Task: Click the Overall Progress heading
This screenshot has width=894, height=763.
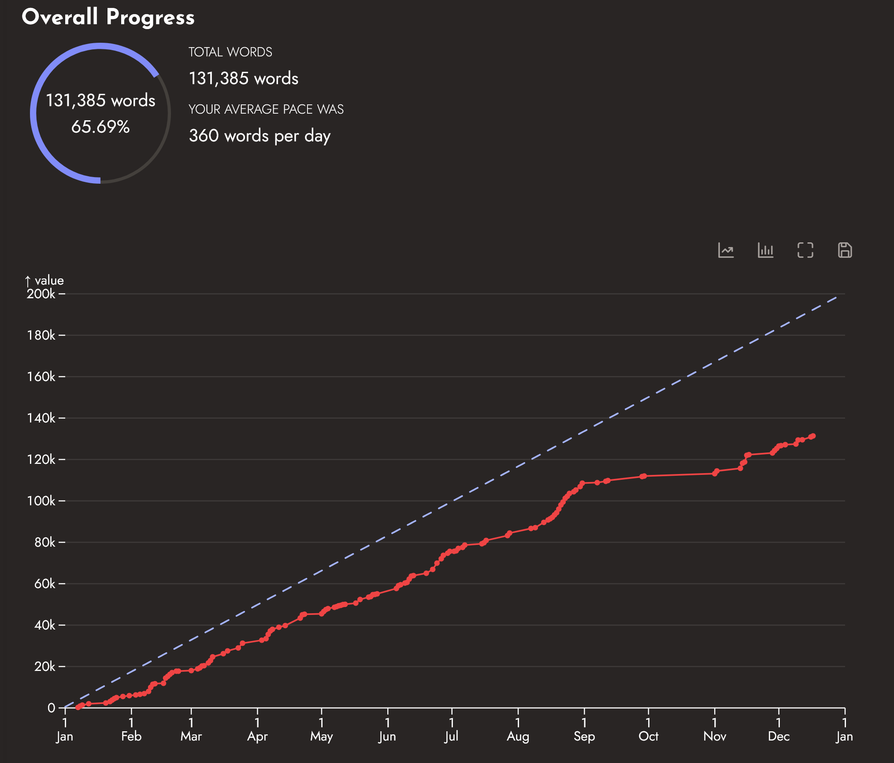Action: (108, 17)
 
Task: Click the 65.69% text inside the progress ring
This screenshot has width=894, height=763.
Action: (100, 127)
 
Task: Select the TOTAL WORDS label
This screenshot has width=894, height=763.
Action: (230, 52)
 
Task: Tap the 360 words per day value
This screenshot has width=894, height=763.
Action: (260, 136)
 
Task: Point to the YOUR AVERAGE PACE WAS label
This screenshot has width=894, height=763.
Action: (266, 109)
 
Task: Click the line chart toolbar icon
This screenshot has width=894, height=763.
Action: (726, 250)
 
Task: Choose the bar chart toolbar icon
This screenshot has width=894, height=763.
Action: (765, 250)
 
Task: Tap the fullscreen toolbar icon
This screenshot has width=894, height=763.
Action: (805, 250)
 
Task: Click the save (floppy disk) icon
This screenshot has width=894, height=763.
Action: (845, 250)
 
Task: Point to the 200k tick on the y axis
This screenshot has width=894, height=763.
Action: (41, 294)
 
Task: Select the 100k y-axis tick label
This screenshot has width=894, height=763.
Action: (41, 501)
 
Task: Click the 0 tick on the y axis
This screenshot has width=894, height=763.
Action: (51, 708)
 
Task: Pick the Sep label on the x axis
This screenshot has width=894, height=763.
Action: (584, 736)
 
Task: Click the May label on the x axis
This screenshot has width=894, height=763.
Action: (321, 736)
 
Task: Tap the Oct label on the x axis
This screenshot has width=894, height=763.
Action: (648, 736)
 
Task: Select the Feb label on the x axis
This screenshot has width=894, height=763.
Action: (131, 736)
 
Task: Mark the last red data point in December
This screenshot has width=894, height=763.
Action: (813, 436)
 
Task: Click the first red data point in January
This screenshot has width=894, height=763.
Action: (78, 707)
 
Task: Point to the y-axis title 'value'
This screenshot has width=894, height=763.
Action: (49, 281)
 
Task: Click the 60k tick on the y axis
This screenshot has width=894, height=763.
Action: (45, 584)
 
